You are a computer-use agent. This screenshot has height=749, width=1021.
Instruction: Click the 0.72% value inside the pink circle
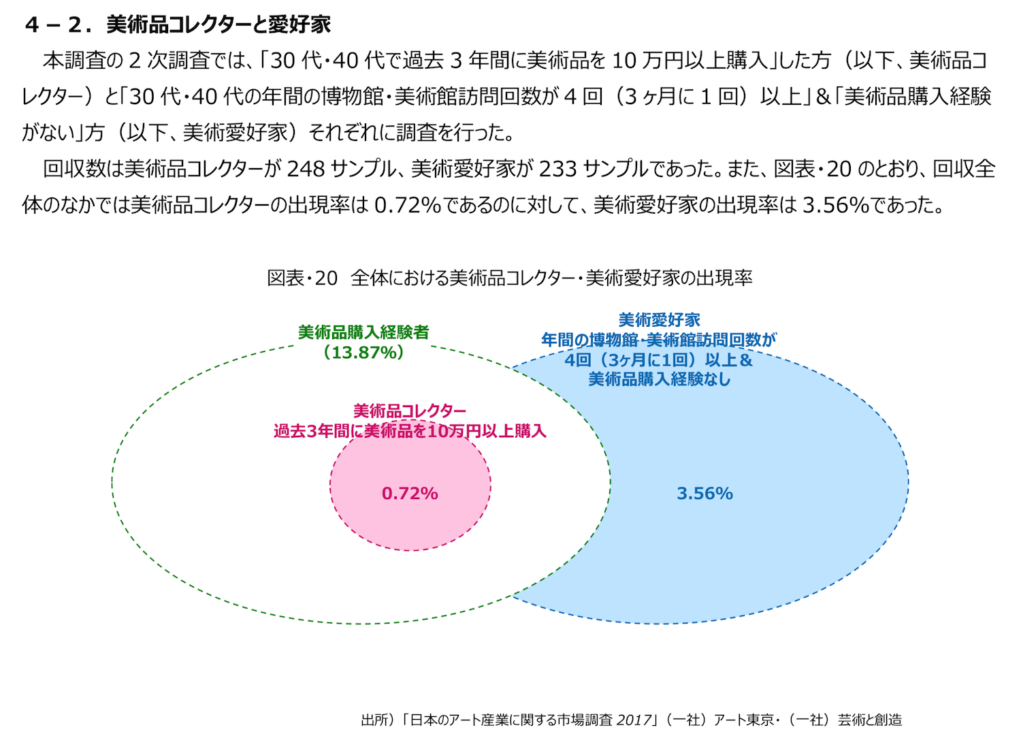pyautogui.click(x=410, y=494)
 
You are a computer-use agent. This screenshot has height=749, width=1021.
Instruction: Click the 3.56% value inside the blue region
pyautogui.click(x=704, y=494)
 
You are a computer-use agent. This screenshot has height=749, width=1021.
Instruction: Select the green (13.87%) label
pyautogui.click(x=364, y=352)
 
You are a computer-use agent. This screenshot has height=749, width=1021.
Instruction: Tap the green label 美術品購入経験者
pyautogui.click(x=363, y=332)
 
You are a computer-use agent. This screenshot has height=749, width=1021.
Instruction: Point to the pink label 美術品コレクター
pyautogui.click(x=410, y=411)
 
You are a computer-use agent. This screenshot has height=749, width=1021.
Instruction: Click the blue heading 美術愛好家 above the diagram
pyautogui.click(x=659, y=320)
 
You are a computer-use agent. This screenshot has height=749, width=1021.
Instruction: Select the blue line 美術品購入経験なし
pyautogui.click(x=659, y=379)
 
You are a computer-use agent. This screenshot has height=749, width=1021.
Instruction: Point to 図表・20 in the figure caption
pyautogui.click(x=302, y=278)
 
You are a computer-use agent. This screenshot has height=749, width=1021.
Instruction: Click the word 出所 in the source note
pyautogui.click(x=374, y=720)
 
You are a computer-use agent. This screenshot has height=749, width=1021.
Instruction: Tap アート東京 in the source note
pyautogui.click(x=743, y=720)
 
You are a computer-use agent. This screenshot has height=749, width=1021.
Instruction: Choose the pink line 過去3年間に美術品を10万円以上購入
pyautogui.click(x=410, y=431)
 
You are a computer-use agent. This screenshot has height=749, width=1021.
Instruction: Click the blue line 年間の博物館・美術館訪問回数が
pyautogui.click(x=659, y=340)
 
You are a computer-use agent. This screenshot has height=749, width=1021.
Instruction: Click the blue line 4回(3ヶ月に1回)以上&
pyautogui.click(x=659, y=360)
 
